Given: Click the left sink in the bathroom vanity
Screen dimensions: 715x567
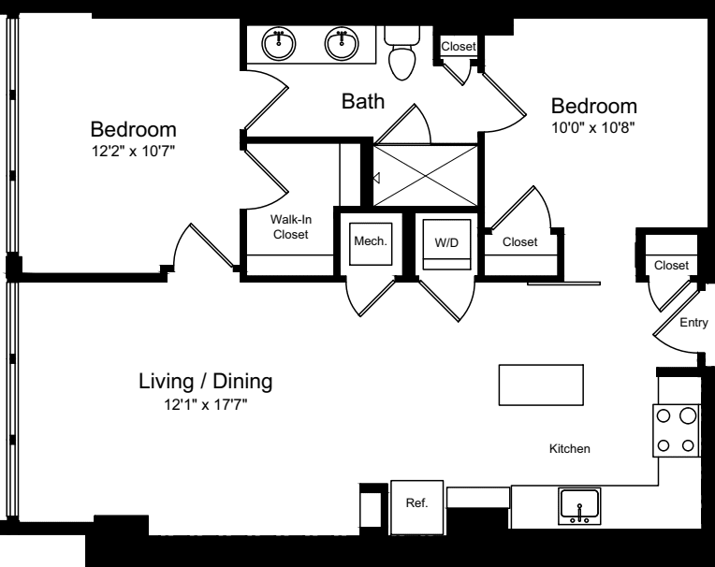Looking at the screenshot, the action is tap(279, 44).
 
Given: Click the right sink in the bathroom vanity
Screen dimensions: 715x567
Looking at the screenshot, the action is tap(342, 44).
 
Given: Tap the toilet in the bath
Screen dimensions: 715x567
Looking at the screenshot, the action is tap(401, 52).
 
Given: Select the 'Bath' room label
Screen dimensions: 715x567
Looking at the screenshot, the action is tap(363, 101).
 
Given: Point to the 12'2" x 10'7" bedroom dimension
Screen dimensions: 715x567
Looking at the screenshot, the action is tap(133, 151).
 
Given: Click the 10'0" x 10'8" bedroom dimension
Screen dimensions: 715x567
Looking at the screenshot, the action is tap(593, 127).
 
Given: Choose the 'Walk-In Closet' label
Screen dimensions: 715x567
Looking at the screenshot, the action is tap(291, 227).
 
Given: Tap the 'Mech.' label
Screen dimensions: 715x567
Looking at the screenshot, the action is tap(371, 241).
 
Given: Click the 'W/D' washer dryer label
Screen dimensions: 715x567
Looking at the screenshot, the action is tap(446, 243).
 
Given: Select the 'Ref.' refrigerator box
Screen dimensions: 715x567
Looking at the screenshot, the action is tap(416, 507).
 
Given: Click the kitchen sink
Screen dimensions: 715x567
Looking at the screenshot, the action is tap(579, 506).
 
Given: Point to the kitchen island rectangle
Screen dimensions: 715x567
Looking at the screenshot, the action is tap(541, 385).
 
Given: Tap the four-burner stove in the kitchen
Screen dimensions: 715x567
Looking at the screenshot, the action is tap(677, 430).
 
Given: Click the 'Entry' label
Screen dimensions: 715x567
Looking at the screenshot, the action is tap(693, 323).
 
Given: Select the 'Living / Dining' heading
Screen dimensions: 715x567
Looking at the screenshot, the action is tap(206, 382).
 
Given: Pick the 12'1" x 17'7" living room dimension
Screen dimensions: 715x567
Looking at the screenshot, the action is tap(206, 404).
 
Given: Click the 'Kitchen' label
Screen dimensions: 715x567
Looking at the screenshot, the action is tap(570, 449).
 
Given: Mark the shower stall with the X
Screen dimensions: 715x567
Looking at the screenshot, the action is tap(426, 176).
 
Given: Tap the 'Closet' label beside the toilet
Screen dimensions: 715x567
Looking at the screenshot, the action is tap(459, 47).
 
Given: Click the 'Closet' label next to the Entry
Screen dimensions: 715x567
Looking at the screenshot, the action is tap(671, 266).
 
